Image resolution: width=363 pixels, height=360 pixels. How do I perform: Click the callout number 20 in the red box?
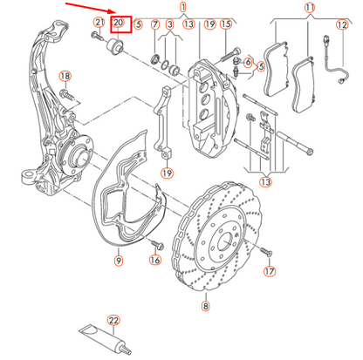click(x=120, y=23)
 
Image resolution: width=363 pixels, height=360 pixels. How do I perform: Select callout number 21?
click(x=99, y=23)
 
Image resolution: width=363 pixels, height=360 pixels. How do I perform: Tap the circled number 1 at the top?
click(x=183, y=6)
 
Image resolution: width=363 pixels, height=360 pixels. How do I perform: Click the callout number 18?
click(x=64, y=77)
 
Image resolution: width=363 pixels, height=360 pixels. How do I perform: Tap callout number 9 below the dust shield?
click(x=118, y=259)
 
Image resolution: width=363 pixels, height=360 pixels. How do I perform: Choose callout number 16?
click(x=155, y=259)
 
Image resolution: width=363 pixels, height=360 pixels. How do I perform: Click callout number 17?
click(x=270, y=271)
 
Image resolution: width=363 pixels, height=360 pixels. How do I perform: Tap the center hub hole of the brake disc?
click(x=216, y=236)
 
